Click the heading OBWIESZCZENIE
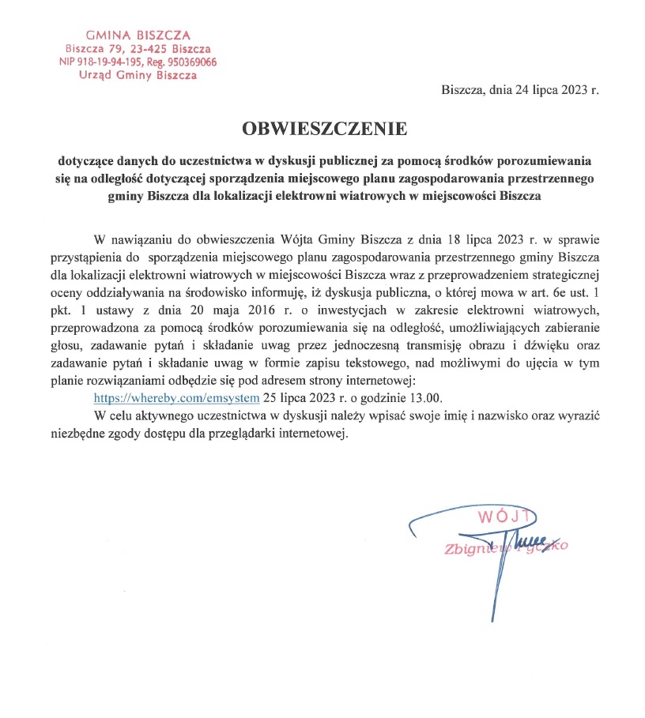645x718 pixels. [x=324, y=127]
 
